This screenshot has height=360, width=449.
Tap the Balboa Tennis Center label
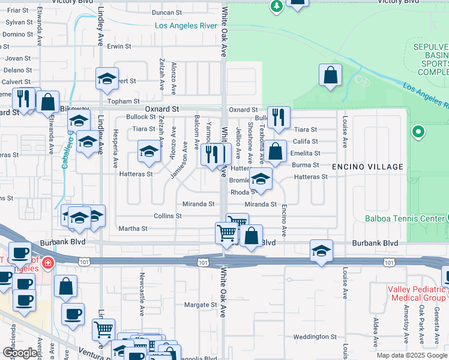tap(405, 218)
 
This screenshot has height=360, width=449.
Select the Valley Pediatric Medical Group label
tap(417, 293)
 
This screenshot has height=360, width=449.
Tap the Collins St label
tap(167, 216)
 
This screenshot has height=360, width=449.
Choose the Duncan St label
tap(166, 13)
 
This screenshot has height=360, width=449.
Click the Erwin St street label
tap(119, 46)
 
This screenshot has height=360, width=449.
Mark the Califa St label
tap(306, 141)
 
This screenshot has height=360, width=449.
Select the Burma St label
tap(305, 165)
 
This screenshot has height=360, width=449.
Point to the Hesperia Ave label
tap(116, 154)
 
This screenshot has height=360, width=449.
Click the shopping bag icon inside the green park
tap(330, 76)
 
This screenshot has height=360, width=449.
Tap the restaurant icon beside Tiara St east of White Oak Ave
tap(279, 118)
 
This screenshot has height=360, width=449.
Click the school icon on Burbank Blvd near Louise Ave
tap(321, 251)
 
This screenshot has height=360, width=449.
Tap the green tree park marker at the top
tap(276, 5)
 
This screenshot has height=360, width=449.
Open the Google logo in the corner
tap(19, 353)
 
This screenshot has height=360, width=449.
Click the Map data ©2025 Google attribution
tap(411, 355)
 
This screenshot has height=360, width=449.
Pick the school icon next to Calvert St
tap(107, 79)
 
